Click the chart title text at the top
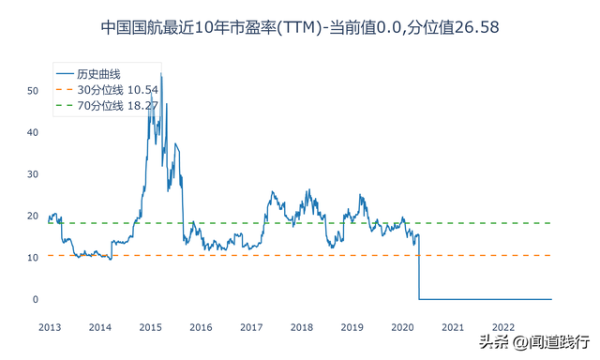point(299,28)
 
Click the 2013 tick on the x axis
point(50,327)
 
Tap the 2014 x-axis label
point(100,327)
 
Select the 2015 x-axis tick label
point(150,327)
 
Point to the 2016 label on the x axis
point(201,327)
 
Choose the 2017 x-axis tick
point(251,327)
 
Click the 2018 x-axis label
point(302,327)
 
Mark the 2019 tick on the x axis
point(352,327)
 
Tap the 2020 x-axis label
point(402,327)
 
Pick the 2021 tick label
point(453,327)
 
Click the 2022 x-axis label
point(503,327)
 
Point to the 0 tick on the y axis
point(35,300)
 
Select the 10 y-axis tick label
point(32,258)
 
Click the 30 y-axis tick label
point(32,174)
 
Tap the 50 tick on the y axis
point(32,91)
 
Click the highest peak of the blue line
point(160,73)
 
